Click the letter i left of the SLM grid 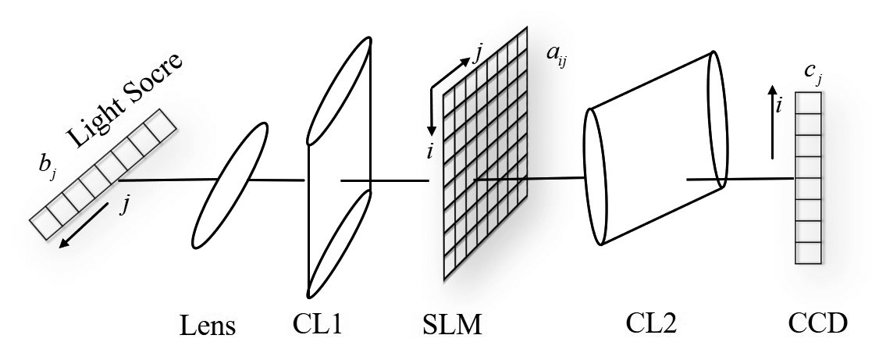[429, 151]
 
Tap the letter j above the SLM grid [477, 54]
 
